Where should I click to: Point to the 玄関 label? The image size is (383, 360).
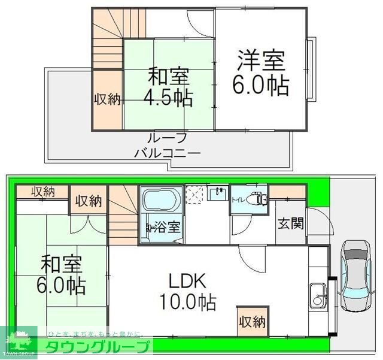[x=290, y=223]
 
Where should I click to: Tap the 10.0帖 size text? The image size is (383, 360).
[x=187, y=301]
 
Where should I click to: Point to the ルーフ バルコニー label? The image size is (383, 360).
[x=167, y=144]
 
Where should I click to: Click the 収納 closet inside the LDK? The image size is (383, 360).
[x=252, y=322]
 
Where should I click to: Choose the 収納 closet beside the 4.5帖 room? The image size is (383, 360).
[x=107, y=99]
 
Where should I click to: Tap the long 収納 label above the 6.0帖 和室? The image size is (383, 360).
[x=42, y=192]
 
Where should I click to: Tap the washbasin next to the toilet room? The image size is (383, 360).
[x=218, y=193]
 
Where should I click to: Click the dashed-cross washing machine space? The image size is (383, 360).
[x=194, y=194]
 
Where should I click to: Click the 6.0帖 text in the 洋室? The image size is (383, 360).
[x=261, y=84]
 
